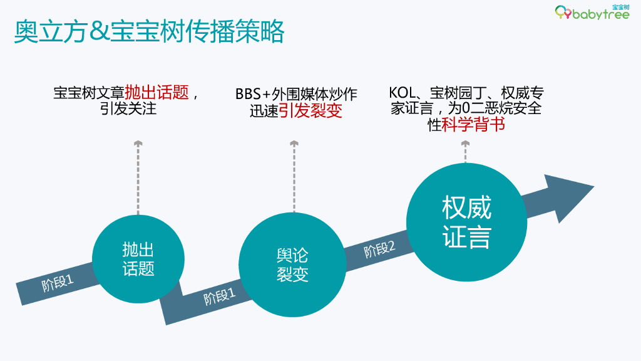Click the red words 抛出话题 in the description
pyautogui.click(x=156, y=93)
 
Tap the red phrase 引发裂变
pyautogui.click(x=310, y=111)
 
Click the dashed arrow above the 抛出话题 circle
pyautogui.click(x=138, y=179)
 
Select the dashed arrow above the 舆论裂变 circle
pyautogui.click(x=294, y=179)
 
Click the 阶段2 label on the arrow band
pyautogui.click(x=380, y=249)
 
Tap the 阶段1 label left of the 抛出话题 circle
pyautogui.click(x=58, y=283)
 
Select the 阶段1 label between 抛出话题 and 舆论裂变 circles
pyautogui.click(x=219, y=295)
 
